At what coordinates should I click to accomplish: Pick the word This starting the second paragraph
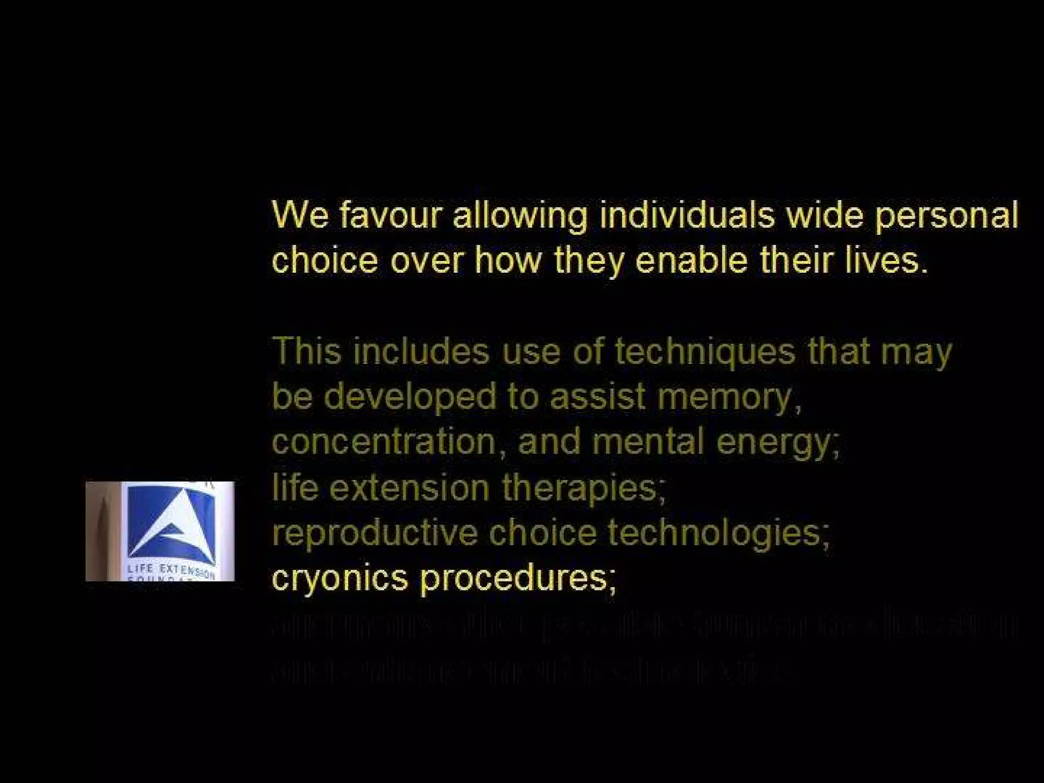point(306,351)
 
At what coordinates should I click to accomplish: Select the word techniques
point(704,352)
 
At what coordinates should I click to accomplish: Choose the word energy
point(777,442)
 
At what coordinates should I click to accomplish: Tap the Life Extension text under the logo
point(171,571)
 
